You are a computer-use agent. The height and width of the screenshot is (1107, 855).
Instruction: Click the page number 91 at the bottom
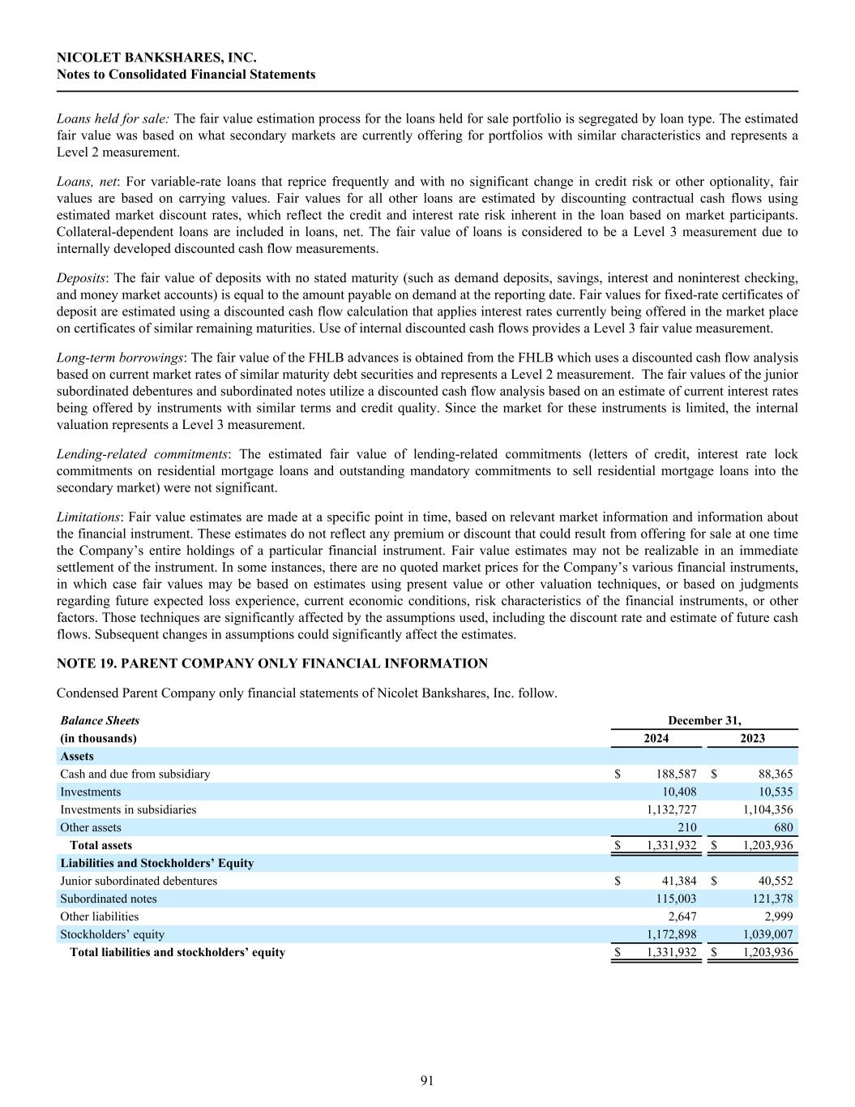427,1080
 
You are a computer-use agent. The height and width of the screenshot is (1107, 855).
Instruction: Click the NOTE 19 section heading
272,663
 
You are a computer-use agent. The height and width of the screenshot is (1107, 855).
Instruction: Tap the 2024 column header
656,738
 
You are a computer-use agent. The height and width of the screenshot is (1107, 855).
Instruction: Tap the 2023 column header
752,738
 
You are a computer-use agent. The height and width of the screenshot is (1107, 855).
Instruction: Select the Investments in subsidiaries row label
128,809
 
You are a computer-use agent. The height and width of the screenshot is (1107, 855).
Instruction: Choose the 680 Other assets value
784,827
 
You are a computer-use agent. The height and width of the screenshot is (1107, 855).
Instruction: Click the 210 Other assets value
686,827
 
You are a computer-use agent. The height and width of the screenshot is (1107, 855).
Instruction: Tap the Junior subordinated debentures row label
139,881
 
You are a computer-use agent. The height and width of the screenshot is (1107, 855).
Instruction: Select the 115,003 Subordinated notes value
676,899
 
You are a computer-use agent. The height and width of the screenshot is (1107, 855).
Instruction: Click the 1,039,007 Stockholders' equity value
767,934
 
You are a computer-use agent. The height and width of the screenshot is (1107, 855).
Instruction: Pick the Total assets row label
100,845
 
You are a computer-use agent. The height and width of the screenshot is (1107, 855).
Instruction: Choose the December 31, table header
704,720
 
